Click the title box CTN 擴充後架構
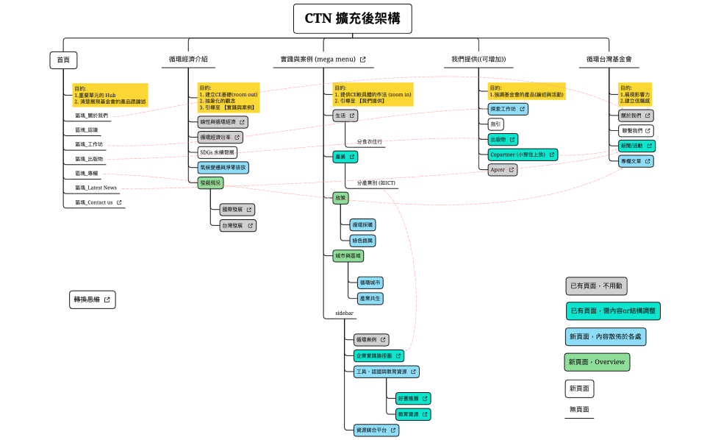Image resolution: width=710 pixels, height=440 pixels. click(x=353, y=18)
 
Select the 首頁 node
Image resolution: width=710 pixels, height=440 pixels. click(x=63, y=60)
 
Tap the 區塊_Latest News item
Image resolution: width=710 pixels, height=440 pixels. click(x=96, y=188)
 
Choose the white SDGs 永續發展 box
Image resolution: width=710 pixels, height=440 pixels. click(x=218, y=152)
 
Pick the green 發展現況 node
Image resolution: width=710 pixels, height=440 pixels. click(x=210, y=182)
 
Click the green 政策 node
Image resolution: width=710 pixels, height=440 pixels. click(x=340, y=198)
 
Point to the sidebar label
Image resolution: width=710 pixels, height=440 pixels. click(x=344, y=313)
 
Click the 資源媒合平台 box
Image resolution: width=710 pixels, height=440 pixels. click(x=376, y=429)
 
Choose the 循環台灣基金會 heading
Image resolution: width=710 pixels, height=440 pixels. click(x=609, y=60)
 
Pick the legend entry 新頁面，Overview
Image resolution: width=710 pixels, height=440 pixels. click(x=597, y=362)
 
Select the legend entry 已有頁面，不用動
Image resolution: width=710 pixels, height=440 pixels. click(x=596, y=285)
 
